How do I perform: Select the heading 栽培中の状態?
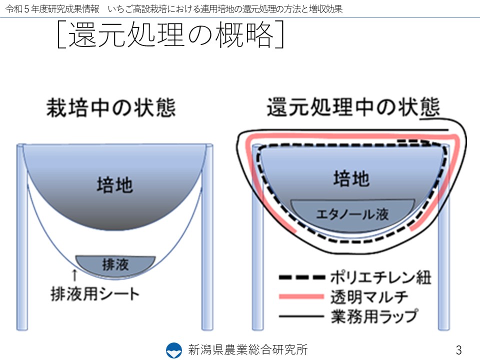pos(111,108)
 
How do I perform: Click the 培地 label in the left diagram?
pos(115,185)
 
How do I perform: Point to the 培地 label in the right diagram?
pos(351,178)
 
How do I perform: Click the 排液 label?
pos(115,264)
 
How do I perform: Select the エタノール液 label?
pos(352,214)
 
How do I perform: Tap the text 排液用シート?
pos(95,293)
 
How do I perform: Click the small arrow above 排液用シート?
pos(74,274)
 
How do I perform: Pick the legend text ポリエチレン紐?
pos(381,277)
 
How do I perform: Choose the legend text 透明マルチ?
pos(369,297)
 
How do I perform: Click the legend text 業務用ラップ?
pos(374,316)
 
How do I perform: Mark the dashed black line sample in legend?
pos(302,277)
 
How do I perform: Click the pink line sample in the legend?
pos(301,296)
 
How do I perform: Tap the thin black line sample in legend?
pos(301,316)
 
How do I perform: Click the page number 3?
pos(458,350)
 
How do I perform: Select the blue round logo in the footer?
pos(174,350)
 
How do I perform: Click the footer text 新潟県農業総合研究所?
pos(248,349)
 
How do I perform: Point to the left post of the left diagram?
pos(22,237)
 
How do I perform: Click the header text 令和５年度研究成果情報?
pos(52,9)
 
